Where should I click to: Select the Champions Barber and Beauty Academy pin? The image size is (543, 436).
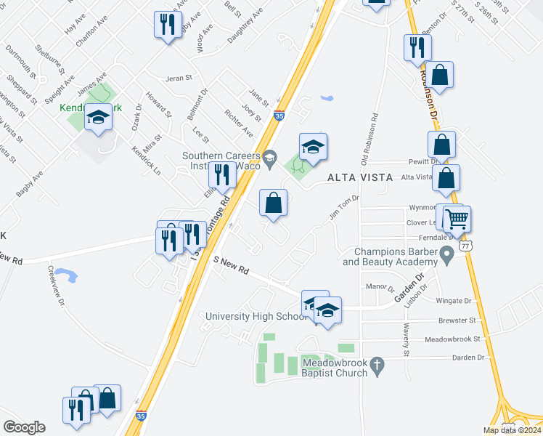pos(447,252)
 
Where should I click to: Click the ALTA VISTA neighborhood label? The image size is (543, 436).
pos(360,177)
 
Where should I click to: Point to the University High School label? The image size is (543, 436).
pos(257,316)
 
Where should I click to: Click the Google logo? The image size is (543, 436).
pos(24,427)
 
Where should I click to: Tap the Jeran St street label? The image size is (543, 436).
pos(179,78)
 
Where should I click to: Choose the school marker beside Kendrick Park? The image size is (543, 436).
pos(98,118)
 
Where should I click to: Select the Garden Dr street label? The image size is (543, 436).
pos(415,290)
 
